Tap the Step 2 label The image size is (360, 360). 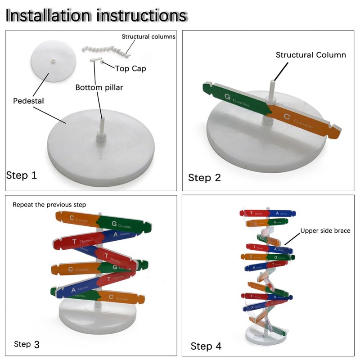coord(204,177)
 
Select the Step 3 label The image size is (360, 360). coord(27,344)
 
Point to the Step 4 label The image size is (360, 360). coord(206,346)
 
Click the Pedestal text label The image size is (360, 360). coord(28,101)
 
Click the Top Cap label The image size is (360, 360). coord(130,68)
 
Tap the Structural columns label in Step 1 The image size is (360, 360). coord(148,36)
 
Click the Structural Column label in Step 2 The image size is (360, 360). coord(310,55)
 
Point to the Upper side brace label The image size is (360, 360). coord(325,231)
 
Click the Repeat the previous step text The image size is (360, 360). coord(49,205)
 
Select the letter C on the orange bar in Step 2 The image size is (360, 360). coord(286,116)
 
